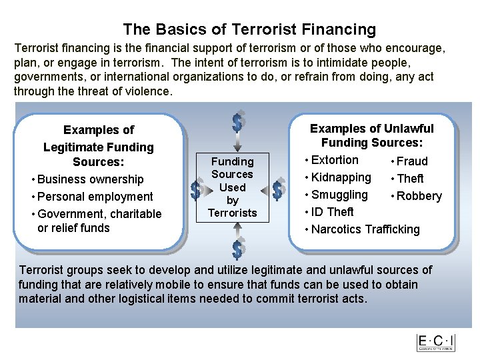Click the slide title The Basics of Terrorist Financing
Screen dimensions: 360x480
[x=249, y=29]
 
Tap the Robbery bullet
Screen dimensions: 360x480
[x=419, y=196]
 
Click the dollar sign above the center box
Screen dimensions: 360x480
[x=237, y=121]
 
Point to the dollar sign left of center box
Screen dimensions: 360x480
[x=195, y=191]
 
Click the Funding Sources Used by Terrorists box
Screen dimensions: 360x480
[x=233, y=187]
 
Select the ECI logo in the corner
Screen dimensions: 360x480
[x=435, y=343]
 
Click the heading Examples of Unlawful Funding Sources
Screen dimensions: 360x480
[x=372, y=135]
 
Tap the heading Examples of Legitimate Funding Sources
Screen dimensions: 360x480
[x=99, y=146]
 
